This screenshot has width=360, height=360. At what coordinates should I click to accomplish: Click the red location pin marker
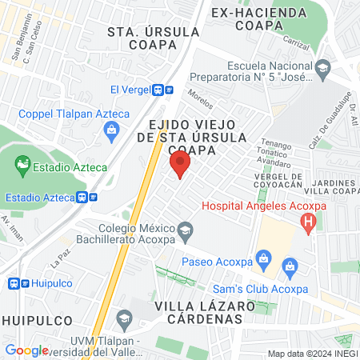pyautogui.click(x=180, y=165)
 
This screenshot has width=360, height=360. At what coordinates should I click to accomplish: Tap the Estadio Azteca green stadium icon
pyautogui.click(x=22, y=167)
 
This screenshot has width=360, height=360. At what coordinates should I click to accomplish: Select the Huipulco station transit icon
pyautogui.click(x=13, y=283)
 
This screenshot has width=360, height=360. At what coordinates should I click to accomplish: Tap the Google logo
pyautogui.click(x=27, y=350)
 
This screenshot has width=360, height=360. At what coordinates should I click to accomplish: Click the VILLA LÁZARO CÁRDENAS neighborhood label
pyautogui.click(x=198, y=312)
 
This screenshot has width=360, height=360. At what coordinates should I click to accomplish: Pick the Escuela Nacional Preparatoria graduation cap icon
pyautogui.click(x=322, y=67)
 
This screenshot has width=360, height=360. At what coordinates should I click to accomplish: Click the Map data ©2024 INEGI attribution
pyautogui.click(x=311, y=353)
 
